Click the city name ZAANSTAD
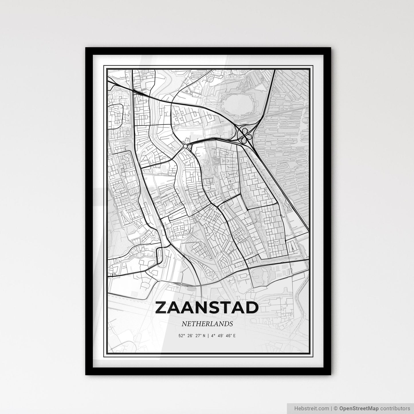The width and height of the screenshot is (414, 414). (x=207, y=308)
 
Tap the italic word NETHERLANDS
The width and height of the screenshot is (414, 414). (x=207, y=324)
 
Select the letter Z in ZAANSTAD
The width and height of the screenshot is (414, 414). (x=162, y=308)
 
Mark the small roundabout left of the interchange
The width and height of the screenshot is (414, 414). (x=186, y=146)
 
